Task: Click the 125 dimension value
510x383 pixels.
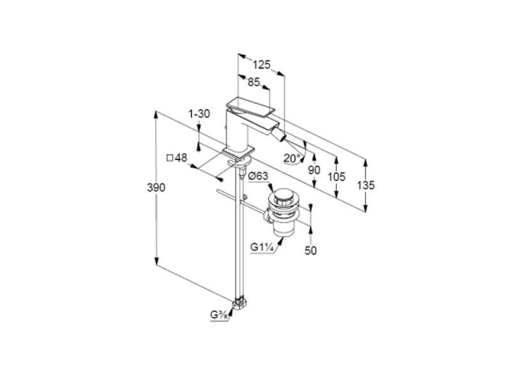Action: tap(262, 65)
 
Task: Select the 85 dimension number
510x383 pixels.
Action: tap(254, 82)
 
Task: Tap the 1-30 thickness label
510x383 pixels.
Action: tap(200, 114)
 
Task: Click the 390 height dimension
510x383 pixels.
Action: tap(156, 188)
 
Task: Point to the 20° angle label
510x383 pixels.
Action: tap(292, 158)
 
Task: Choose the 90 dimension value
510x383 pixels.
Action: tap(314, 170)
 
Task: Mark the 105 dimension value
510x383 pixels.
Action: tap(337, 177)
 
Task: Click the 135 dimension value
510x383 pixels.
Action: tap(365, 185)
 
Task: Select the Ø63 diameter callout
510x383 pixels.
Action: tap(258, 176)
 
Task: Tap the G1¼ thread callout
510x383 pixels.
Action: tap(261, 247)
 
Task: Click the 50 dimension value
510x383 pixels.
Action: tap(310, 250)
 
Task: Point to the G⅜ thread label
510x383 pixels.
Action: tap(219, 315)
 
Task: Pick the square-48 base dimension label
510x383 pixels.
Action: tap(177, 158)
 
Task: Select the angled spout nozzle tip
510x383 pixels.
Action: tap(284, 133)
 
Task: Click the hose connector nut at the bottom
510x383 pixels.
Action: tap(240, 304)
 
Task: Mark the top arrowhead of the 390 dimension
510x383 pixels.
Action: tap(156, 115)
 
